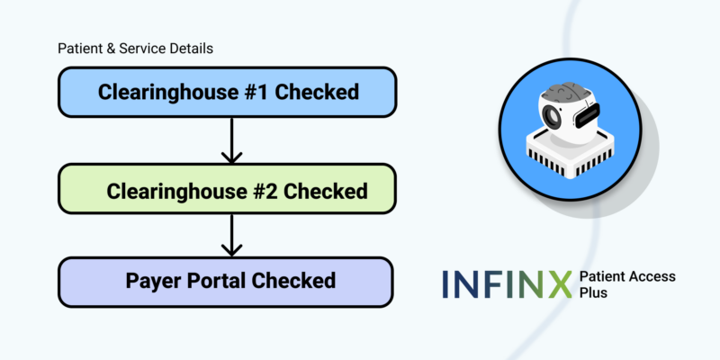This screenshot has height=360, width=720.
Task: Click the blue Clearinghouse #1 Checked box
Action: (x=227, y=93)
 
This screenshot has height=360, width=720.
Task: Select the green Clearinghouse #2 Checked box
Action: (x=227, y=191)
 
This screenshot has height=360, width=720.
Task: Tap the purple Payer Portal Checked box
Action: (x=227, y=280)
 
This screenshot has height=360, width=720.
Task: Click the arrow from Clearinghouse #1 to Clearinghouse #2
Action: (x=231, y=140)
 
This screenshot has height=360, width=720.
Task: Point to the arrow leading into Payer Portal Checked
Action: (x=231, y=236)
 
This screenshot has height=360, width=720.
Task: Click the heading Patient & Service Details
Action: (x=135, y=49)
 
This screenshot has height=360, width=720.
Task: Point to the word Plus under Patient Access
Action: (x=594, y=293)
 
